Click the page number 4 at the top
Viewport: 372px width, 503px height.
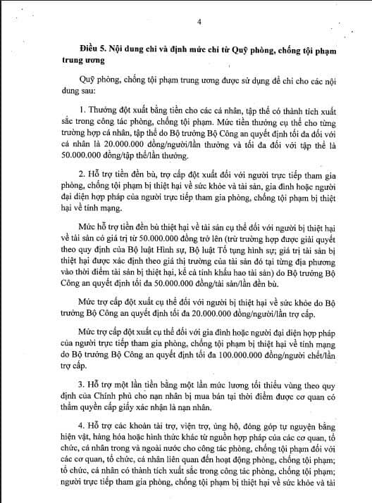pyautogui.click(x=200, y=22)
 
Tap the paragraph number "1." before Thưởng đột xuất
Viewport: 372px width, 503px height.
pyautogui.click(x=83, y=112)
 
